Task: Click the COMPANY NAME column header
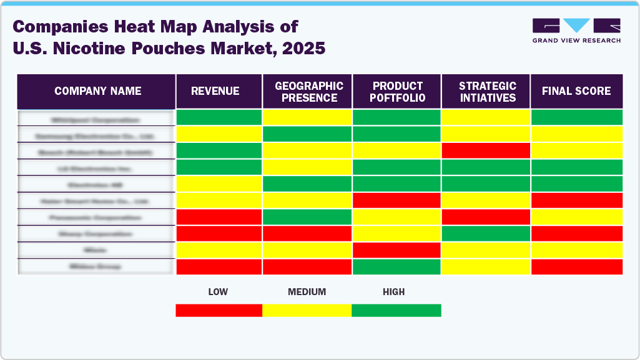(97, 91)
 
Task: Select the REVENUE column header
(215, 91)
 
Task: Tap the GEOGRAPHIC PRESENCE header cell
(309, 92)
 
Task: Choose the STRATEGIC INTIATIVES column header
(487, 92)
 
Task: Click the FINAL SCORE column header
(576, 91)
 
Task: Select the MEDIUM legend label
(307, 291)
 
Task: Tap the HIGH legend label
(394, 291)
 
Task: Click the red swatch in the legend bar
(219, 310)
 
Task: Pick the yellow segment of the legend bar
(307, 310)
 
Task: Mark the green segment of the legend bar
(396, 310)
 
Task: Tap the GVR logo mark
(576, 26)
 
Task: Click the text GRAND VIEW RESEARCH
(576, 41)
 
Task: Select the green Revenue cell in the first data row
(219, 117)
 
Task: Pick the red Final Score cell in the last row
(576, 266)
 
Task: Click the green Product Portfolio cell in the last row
(397, 266)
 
